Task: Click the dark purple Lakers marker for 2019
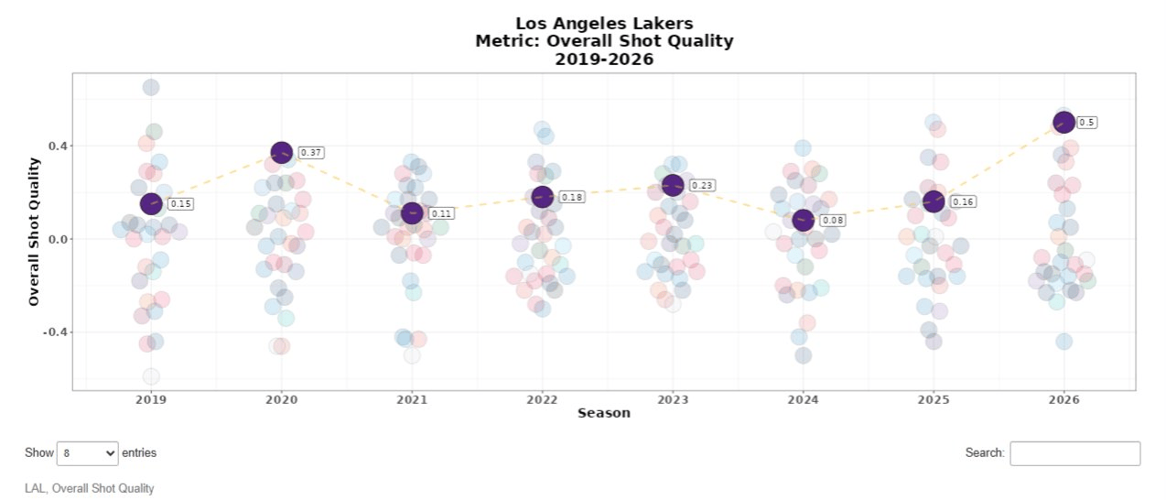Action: (x=151, y=204)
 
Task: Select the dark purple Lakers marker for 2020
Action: (x=282, y=153)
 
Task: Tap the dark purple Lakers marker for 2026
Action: (x=1063, y=122)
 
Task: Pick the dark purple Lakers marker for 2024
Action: (x=803, y=221)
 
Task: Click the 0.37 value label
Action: (x=311, y=153)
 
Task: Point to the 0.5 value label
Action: (x=1086, y=122)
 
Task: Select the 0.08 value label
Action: (x=833, y=221)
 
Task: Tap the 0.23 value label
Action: (x=702, y=185)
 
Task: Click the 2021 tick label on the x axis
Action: (x=412, y=400)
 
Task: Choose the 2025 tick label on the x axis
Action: (x=934, y=400)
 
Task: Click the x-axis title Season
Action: (x=604, y=413)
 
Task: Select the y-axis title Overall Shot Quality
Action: (x=34, y=232)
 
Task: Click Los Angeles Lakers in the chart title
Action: (x=604, y=23)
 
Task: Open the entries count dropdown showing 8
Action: (x=88, y=452)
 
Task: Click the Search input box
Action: (x=1074, y=453)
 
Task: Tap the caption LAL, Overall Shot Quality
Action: (x=89, y=489)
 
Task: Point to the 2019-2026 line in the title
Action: (x=604, y=59)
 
